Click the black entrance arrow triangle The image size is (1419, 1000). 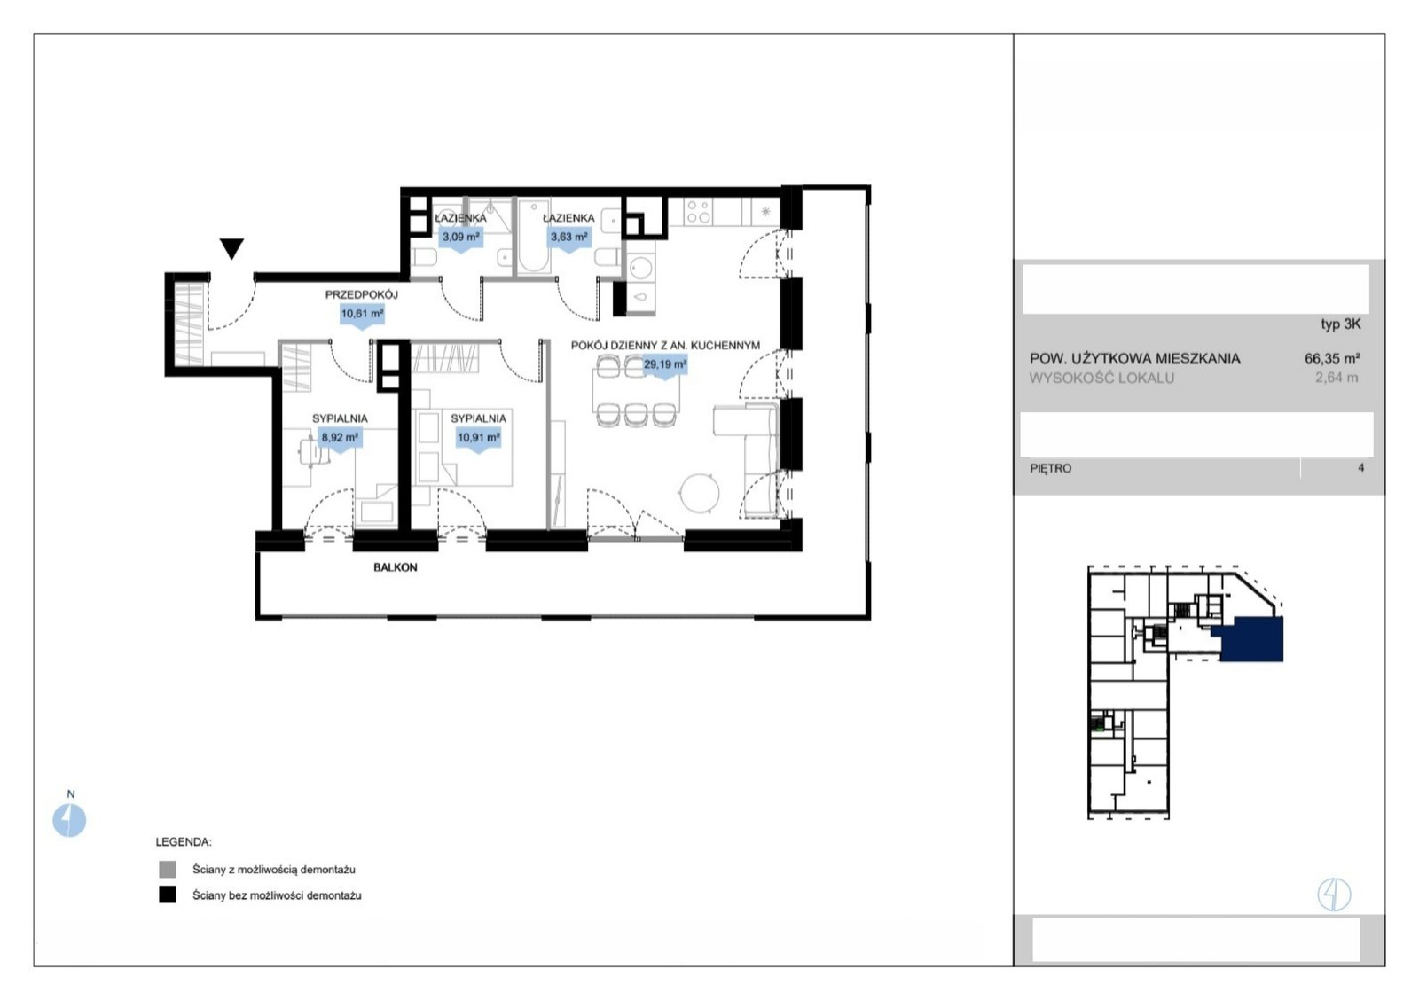(231, 248)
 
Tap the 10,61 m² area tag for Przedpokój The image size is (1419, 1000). (363, 315)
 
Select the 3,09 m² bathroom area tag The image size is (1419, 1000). (461, 238)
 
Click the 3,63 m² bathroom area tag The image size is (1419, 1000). (568, 238)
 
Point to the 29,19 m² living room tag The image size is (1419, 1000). (664, 366)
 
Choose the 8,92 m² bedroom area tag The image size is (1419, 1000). (341, 438)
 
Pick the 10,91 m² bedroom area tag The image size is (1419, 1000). (479, 438)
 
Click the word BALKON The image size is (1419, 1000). (396, 567)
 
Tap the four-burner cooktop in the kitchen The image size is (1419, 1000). (698, 212)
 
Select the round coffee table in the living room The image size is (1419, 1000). (700, 493)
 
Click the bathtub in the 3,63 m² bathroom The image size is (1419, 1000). (533, 236)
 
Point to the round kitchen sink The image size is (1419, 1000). (640, 267)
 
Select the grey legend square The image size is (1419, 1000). (168, 869)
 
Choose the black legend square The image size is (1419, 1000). (168, 895)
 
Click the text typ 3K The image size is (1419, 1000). (1340, 324)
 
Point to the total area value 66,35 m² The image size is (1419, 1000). (1332, 358)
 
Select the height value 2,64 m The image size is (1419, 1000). (1337, 378)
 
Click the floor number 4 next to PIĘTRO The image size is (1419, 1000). (1360, 468)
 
